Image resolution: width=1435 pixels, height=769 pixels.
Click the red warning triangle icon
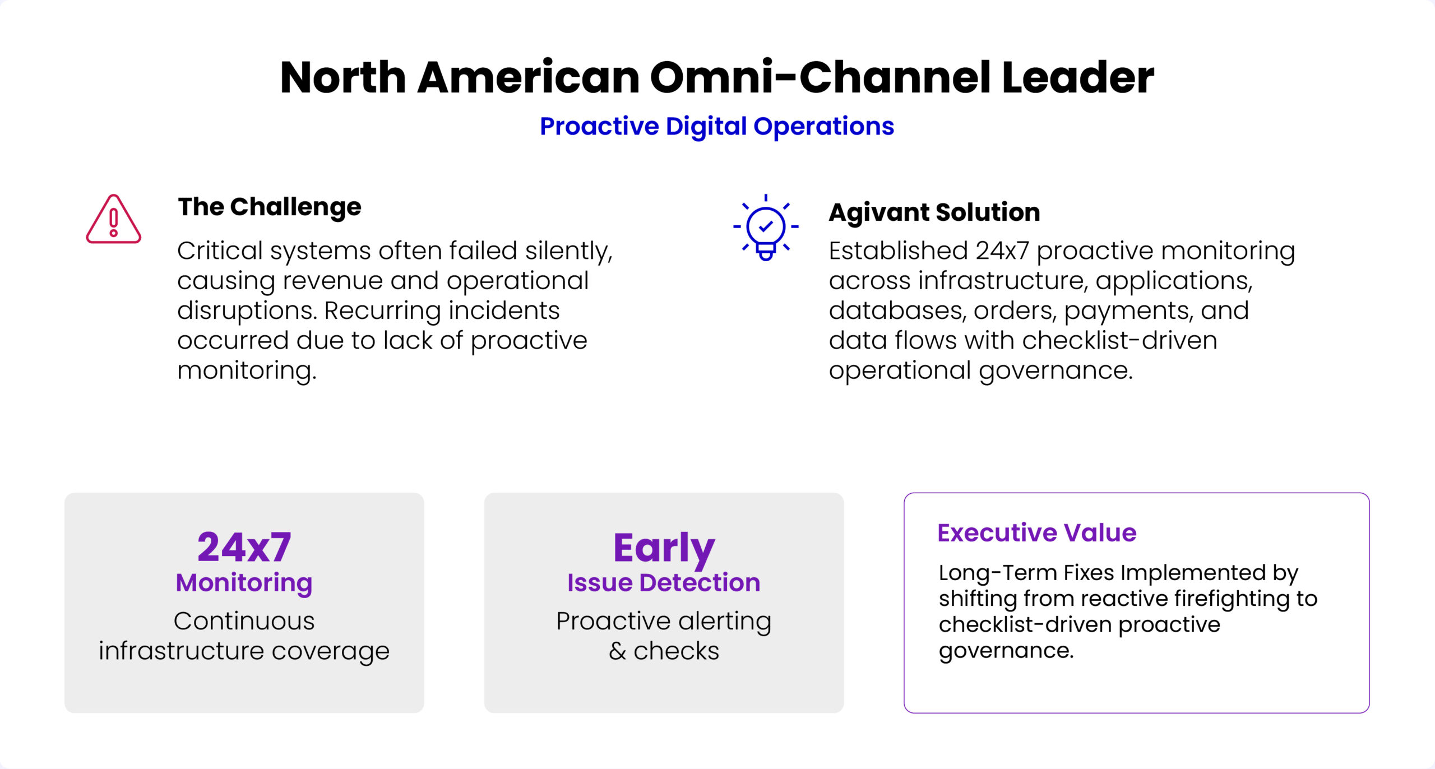pos(113,219)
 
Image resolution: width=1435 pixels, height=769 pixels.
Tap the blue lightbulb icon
pos(766,227)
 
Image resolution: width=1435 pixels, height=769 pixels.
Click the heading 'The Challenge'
pos(270,207)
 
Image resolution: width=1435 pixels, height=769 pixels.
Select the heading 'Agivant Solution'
pos(934,212)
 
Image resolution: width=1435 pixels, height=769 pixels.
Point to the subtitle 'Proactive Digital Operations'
pos(717,126)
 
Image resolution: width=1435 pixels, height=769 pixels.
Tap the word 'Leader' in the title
pos(1078,77)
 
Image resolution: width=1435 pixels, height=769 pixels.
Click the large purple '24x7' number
pos(244,546)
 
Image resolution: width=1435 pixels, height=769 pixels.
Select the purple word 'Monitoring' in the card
pos(244,583)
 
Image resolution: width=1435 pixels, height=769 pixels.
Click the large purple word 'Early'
pos(664,548)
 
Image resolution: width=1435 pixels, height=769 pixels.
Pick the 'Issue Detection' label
pos(664,582)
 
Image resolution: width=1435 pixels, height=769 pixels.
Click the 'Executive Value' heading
pos(1037,532)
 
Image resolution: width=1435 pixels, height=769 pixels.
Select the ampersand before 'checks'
pos(617,651)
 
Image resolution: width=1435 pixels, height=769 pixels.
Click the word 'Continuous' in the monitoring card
pos(244,621)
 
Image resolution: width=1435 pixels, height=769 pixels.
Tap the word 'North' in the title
pos(343,77)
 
